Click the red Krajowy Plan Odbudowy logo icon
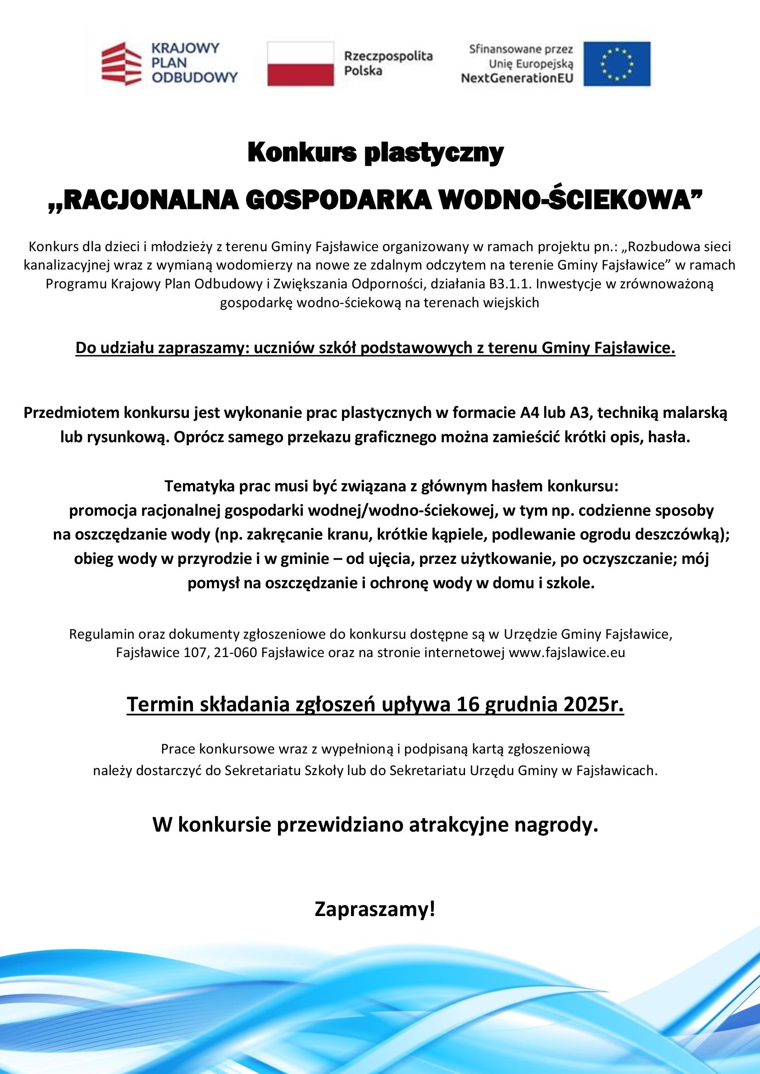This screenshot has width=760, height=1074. click(x=121, y=64)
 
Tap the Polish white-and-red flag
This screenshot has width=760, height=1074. click(x=301, y=64)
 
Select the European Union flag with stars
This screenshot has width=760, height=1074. click(x=616, y=64)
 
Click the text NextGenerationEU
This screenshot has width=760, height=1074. click(x=516, y=78)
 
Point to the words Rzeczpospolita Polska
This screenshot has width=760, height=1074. click(x=388, y=64)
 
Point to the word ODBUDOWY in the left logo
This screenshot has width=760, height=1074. click(x=195, y=77)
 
